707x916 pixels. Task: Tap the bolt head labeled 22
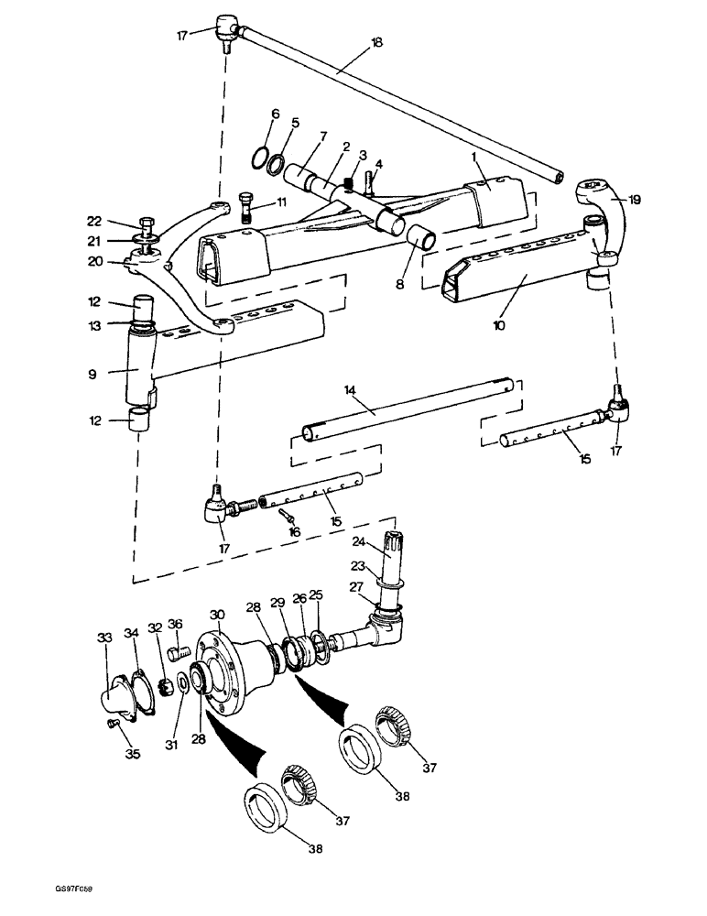147,222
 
